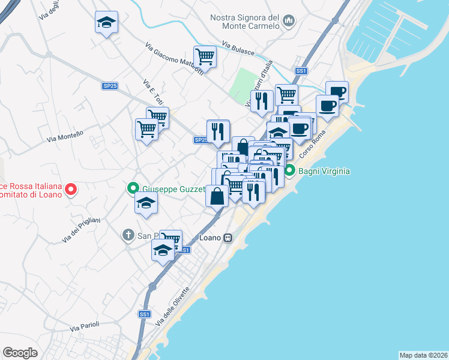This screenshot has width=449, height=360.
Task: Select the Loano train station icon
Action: [x=228, y=238]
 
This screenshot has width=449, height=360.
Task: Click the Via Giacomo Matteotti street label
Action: [x=174, y=59]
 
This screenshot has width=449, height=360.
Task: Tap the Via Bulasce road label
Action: [x=238, y=48]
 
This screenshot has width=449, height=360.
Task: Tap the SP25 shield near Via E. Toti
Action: [x=109, y=86]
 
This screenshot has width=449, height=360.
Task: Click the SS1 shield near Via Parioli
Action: [x=144, y=314]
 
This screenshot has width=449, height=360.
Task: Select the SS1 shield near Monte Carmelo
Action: [x=301, y=71]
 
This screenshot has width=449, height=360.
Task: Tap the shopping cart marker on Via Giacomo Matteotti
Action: [x=205, y=57]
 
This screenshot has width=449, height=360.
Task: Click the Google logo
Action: [x=20, y=352]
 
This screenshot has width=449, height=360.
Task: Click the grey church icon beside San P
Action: [x=128, y=236]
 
